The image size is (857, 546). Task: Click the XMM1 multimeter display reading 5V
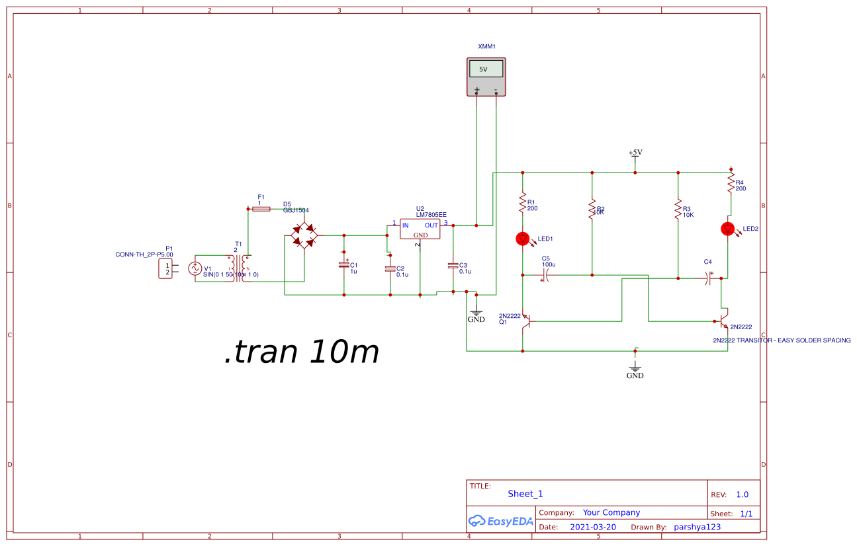[x=486, y=69]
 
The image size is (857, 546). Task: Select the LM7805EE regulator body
[x=420, y=229]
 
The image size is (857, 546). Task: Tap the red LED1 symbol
[x=523, y=239]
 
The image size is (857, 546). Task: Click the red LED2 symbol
[x=728, y=229]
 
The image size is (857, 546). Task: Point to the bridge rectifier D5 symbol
[x=304, y=235]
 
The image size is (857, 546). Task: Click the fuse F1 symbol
[x=261, y=208]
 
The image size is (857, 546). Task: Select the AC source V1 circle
[x=195, y=268]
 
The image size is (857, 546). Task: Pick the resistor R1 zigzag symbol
[x=523, y=203]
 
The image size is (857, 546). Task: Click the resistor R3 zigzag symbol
[x=678, y=210]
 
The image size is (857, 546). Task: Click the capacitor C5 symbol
[x=547, y=277]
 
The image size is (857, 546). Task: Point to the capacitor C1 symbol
[x=343, y=265]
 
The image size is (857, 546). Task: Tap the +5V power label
[x=635, y=153]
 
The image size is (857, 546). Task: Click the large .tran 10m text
[x=302, y=352]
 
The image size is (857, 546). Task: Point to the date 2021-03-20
[x=592, y=527]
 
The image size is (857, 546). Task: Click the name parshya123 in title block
[x=697, y=527]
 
